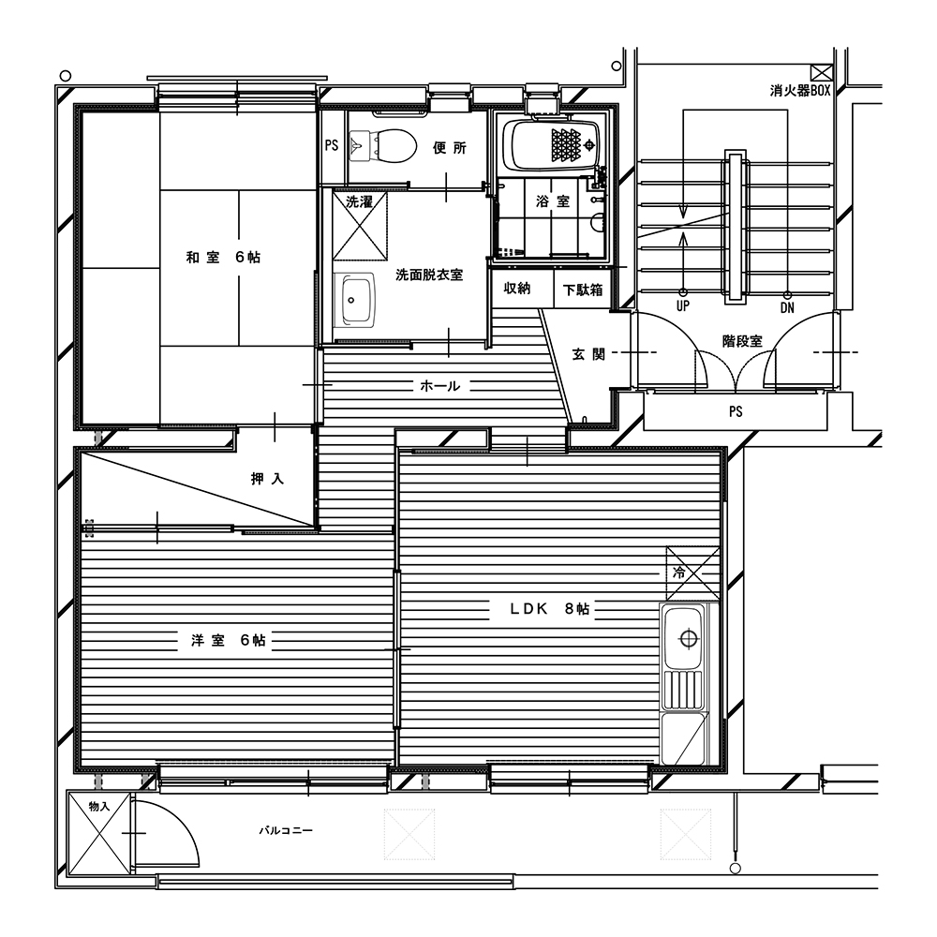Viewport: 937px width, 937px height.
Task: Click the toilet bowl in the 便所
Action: pos(383,145)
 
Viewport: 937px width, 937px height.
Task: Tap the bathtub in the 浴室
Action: pos(550,145)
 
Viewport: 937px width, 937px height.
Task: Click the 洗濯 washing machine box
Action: pos(360,225)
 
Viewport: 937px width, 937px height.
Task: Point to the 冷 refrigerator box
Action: pos(693,573)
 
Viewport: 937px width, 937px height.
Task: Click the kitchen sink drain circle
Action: pos(689,639)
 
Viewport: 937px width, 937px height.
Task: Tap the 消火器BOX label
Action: pos(800,91)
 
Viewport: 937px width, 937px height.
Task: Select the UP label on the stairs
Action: pos(682,306)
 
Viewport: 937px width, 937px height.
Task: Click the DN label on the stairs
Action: pos(787,307)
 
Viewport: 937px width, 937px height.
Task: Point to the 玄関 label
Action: pos(588,354)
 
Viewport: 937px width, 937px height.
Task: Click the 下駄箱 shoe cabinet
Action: pos(583,290)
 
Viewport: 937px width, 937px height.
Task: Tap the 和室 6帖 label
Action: pos(224,258)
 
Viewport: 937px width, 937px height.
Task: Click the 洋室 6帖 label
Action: pos(229,641)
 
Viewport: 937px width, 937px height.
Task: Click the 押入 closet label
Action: pos(267,479)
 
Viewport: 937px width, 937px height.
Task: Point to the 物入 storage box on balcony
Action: pos(99,833)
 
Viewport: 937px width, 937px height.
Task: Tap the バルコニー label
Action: pos(286,830)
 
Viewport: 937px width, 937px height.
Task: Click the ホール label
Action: pos(439,386)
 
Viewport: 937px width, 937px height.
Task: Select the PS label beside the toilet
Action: pos(332,145)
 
